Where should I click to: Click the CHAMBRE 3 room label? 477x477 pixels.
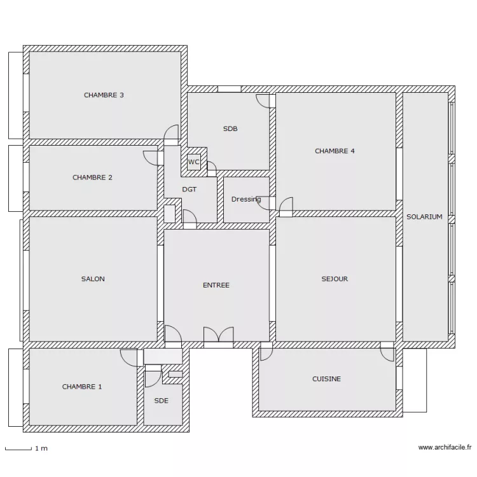click(104, 95)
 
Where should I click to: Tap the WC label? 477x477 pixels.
click(193, 162)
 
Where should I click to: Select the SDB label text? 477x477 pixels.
click(230, 128)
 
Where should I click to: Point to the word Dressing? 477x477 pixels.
click(246, 199)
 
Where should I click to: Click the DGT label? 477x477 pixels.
click(190, 190)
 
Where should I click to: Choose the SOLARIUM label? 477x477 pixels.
click(424, 217)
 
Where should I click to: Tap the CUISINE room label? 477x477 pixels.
click(326, 379)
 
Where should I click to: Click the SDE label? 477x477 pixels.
click(162, 401)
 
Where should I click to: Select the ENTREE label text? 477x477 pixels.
click(216, 285)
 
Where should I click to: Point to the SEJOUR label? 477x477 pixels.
click(335, 279)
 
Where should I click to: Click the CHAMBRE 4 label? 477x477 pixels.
click(335, 151)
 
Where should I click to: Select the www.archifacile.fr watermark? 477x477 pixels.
click(445, 447)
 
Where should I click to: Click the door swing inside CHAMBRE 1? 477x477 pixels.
click(128, 357)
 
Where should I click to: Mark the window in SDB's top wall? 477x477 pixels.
click(230, 89)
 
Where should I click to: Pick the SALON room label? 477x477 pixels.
click(93, 279)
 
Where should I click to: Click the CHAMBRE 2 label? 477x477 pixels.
click(92, 177)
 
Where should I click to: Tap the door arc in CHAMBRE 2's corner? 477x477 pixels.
click(150, 158)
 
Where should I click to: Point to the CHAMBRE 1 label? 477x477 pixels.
click(82, 387)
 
